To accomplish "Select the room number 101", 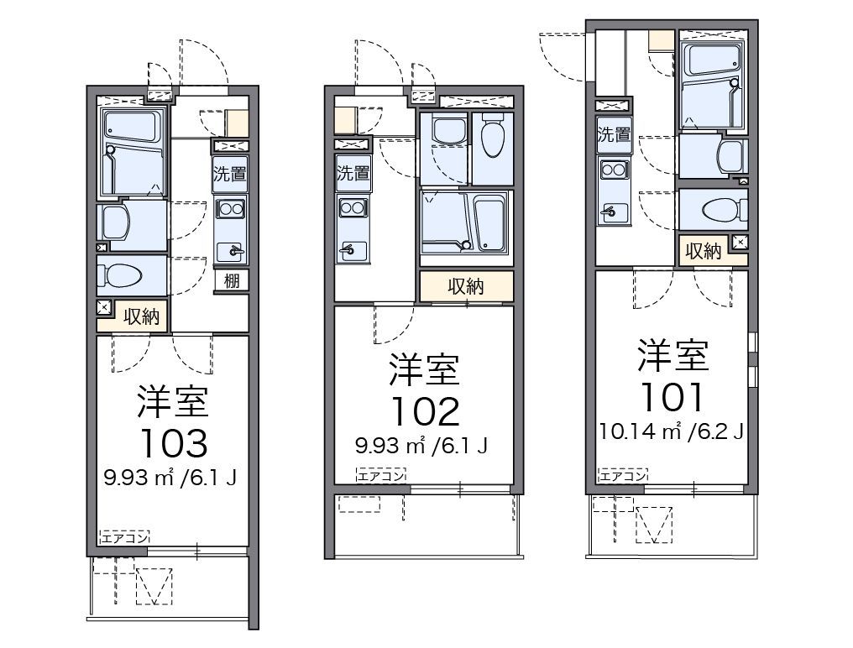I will point(672,395).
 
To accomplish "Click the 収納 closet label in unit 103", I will point(141,316).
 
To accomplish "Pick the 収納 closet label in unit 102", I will point(465,286).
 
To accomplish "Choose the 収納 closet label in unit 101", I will point(703,251).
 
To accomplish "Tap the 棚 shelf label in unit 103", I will point(232,280).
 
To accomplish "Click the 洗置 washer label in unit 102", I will point(353,174).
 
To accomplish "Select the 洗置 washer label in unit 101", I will point(614,134).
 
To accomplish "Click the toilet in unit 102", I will point(492,135).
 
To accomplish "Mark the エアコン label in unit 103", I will point(124,537).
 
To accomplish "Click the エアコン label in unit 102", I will point(380,475).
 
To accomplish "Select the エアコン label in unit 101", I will point(622,476).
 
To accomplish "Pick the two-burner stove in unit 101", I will point(614,170).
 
